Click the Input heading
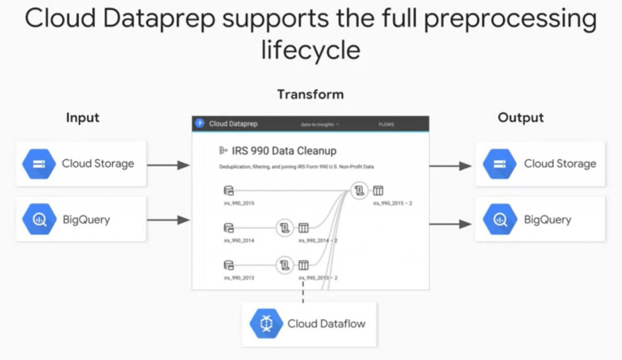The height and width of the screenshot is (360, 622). coord(83,117)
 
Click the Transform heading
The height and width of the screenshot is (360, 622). coord(310,94)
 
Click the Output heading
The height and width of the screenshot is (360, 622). coord(521,117)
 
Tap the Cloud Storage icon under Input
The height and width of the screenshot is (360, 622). coord(39,164)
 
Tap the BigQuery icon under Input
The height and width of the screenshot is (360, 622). coord(39,220)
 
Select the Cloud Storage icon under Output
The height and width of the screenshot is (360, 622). coord(501,164)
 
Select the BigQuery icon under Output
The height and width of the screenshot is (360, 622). coord(501,220)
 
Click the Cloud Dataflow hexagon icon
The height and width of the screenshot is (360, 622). coord(266,324)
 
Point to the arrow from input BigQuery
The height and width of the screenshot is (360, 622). coord(168,220)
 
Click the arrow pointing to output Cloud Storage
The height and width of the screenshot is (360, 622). coord(450,166)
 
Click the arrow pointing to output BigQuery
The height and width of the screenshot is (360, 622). coord(450,224)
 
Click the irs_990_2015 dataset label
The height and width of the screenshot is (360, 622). coord(239,203)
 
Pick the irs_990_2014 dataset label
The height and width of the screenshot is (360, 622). coord(239,240)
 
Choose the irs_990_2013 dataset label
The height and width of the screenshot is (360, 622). coord(239,277)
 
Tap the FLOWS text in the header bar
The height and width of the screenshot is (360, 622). coord(386,124)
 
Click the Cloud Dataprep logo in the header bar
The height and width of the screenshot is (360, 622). coord(199,124)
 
